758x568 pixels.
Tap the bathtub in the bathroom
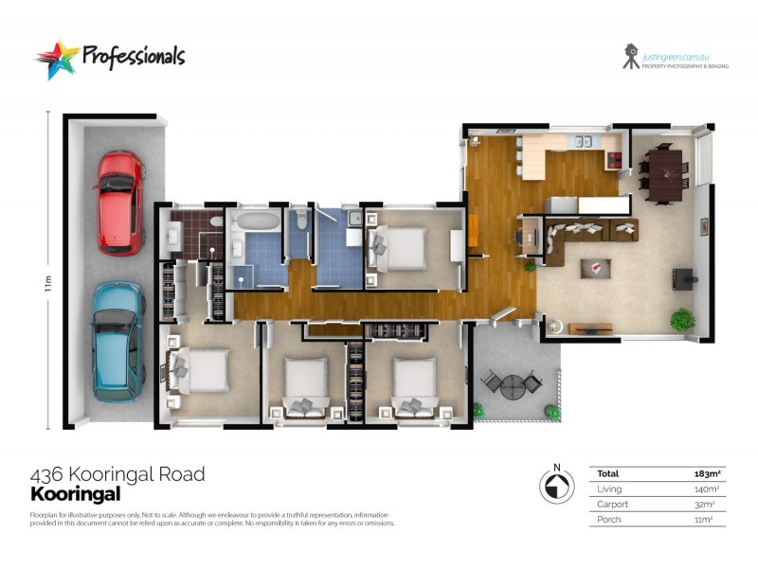255,222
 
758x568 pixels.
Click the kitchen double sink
578,144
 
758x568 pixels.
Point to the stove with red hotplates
615,159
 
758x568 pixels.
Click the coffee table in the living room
594,268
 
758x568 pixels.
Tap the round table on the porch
512,386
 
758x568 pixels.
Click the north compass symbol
557,486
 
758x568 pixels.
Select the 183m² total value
709,473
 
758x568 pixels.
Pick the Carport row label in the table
612,505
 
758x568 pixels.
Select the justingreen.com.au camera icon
630,56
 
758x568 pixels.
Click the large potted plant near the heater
681,320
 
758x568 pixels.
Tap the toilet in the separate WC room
300,221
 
